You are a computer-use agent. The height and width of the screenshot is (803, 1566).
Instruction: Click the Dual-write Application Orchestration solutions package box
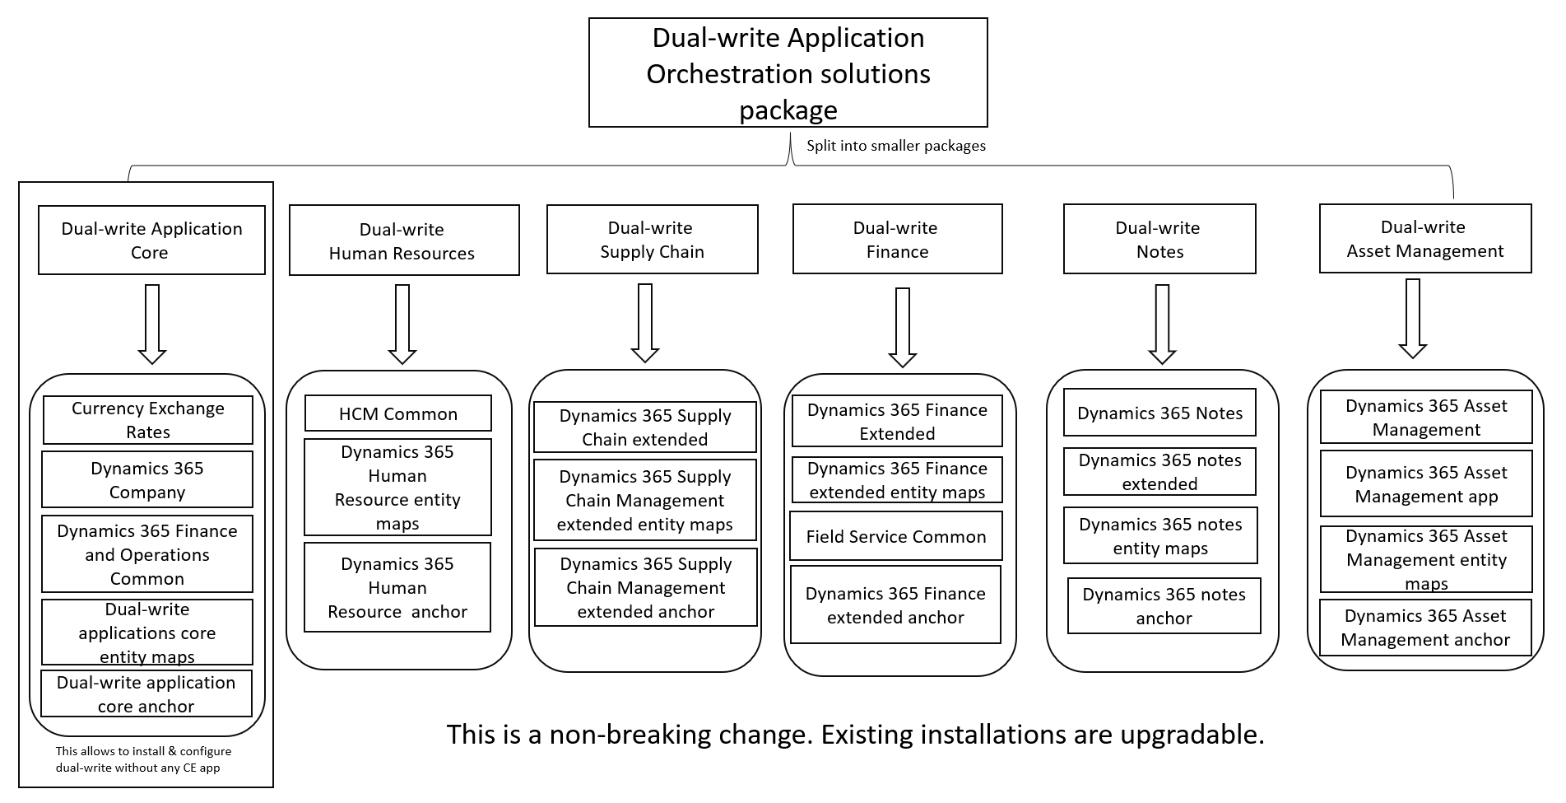(788, 72)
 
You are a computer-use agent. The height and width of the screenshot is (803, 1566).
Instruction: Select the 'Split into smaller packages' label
(895, 146)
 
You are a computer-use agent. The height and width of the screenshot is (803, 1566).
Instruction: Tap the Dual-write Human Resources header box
(403, 240)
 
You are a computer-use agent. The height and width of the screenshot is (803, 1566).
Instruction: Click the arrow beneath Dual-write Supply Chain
(644, 323)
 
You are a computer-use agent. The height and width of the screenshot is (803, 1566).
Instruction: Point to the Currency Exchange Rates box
(148, 420)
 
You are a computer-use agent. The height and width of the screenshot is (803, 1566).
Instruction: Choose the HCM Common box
(397, 413)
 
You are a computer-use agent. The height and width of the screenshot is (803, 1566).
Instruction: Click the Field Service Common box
(895, 536)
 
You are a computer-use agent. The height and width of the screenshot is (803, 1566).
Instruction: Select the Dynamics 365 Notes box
(1159, 413)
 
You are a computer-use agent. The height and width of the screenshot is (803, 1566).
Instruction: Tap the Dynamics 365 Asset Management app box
(1425, 483)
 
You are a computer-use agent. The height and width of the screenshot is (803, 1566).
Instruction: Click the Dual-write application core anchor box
(146, 693)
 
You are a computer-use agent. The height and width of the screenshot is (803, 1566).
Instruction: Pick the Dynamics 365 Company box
(147, 479)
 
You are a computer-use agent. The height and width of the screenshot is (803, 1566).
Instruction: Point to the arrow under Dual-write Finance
(902, 327)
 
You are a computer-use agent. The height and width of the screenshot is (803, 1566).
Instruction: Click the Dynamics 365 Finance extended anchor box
(895, 605)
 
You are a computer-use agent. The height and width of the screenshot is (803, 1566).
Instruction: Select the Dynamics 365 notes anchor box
(1164, 605)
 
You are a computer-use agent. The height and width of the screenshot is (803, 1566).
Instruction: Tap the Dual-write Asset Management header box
(1424, 239)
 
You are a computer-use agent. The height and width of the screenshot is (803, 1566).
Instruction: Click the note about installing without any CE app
(143, 759)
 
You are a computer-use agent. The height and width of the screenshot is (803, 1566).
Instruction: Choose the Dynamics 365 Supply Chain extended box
(644, 427)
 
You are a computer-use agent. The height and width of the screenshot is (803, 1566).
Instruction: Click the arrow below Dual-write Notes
(1161, 324)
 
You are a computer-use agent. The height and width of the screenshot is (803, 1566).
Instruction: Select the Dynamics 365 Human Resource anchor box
(397, 587)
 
